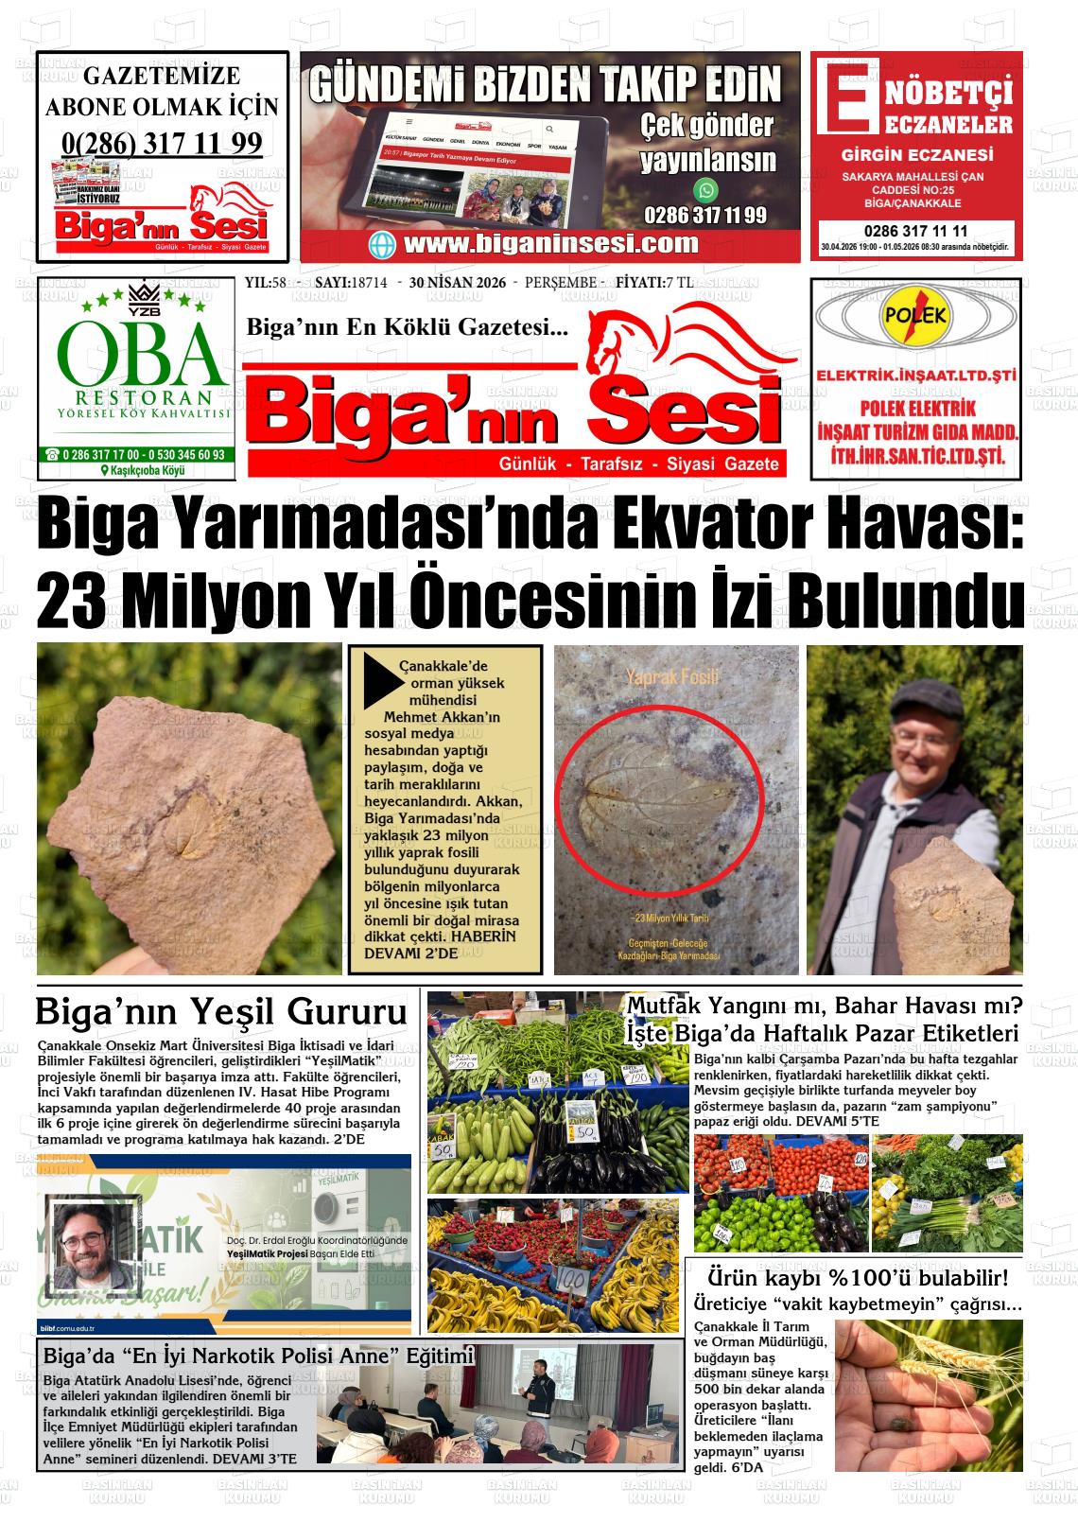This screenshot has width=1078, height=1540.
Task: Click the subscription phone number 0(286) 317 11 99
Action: tap(162, 143)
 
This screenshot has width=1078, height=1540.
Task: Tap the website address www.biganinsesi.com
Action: tap(551, 243)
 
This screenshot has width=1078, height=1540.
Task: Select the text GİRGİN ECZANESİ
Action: tap(917, 155)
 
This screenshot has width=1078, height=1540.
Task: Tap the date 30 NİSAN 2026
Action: tap(458, 283)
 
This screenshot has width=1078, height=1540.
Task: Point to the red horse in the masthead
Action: tap(662, 341)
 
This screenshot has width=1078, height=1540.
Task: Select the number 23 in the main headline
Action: tap(74, 600)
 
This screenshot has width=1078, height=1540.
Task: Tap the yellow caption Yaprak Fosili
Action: tap(672, 676)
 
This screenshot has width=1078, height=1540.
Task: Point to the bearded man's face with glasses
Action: tap(93, 1244)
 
